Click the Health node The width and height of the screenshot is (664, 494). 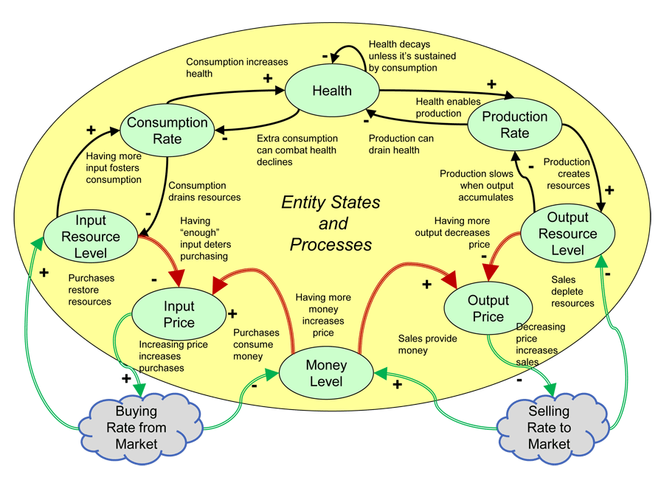point(332,91)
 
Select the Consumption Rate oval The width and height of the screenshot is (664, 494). point(167,131)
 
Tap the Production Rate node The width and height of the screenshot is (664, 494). point(514,125)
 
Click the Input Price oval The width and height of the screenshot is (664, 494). point(179,314)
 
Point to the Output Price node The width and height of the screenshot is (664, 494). point(488,309)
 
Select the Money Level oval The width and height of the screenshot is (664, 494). point(325,373)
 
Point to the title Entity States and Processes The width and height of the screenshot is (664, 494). point(331,223)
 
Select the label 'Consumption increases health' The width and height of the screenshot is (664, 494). point(236,68)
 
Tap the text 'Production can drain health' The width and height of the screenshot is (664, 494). point(401,144)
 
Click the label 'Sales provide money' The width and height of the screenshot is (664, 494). point(428,344)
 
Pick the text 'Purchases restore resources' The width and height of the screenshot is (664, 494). point(91,290)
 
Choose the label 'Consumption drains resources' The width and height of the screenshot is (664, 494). point(204,192)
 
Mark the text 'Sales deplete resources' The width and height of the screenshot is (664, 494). point(573,291)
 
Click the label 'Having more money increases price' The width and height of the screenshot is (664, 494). point(322,315)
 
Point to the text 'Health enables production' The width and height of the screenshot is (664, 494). point(448,107)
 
